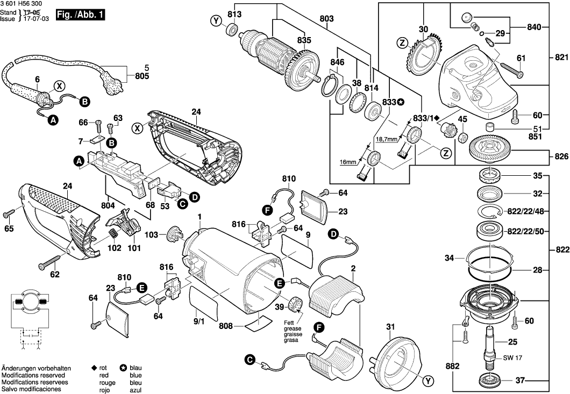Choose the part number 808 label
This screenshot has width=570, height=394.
(226, 326)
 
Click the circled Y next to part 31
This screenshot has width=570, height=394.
(427, 381)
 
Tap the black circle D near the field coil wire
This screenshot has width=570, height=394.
(333, 234)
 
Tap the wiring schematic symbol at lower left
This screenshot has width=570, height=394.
(27, 317)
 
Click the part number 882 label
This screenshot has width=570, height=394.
(453, 366)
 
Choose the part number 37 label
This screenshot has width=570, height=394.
(520, 381)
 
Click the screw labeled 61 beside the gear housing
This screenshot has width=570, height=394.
(512, 69)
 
